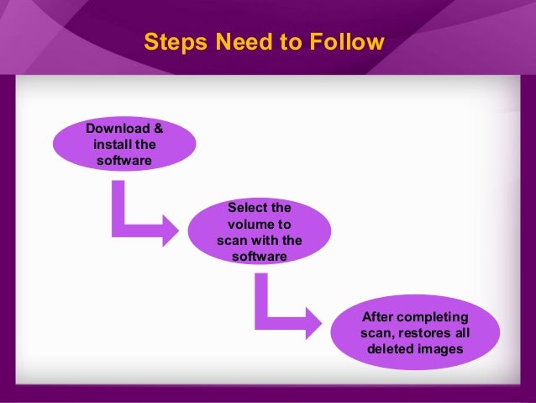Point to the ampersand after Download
point(159,129)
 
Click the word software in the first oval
point(125,160)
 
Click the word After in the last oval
point(377,317)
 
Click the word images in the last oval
point(442,348)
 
